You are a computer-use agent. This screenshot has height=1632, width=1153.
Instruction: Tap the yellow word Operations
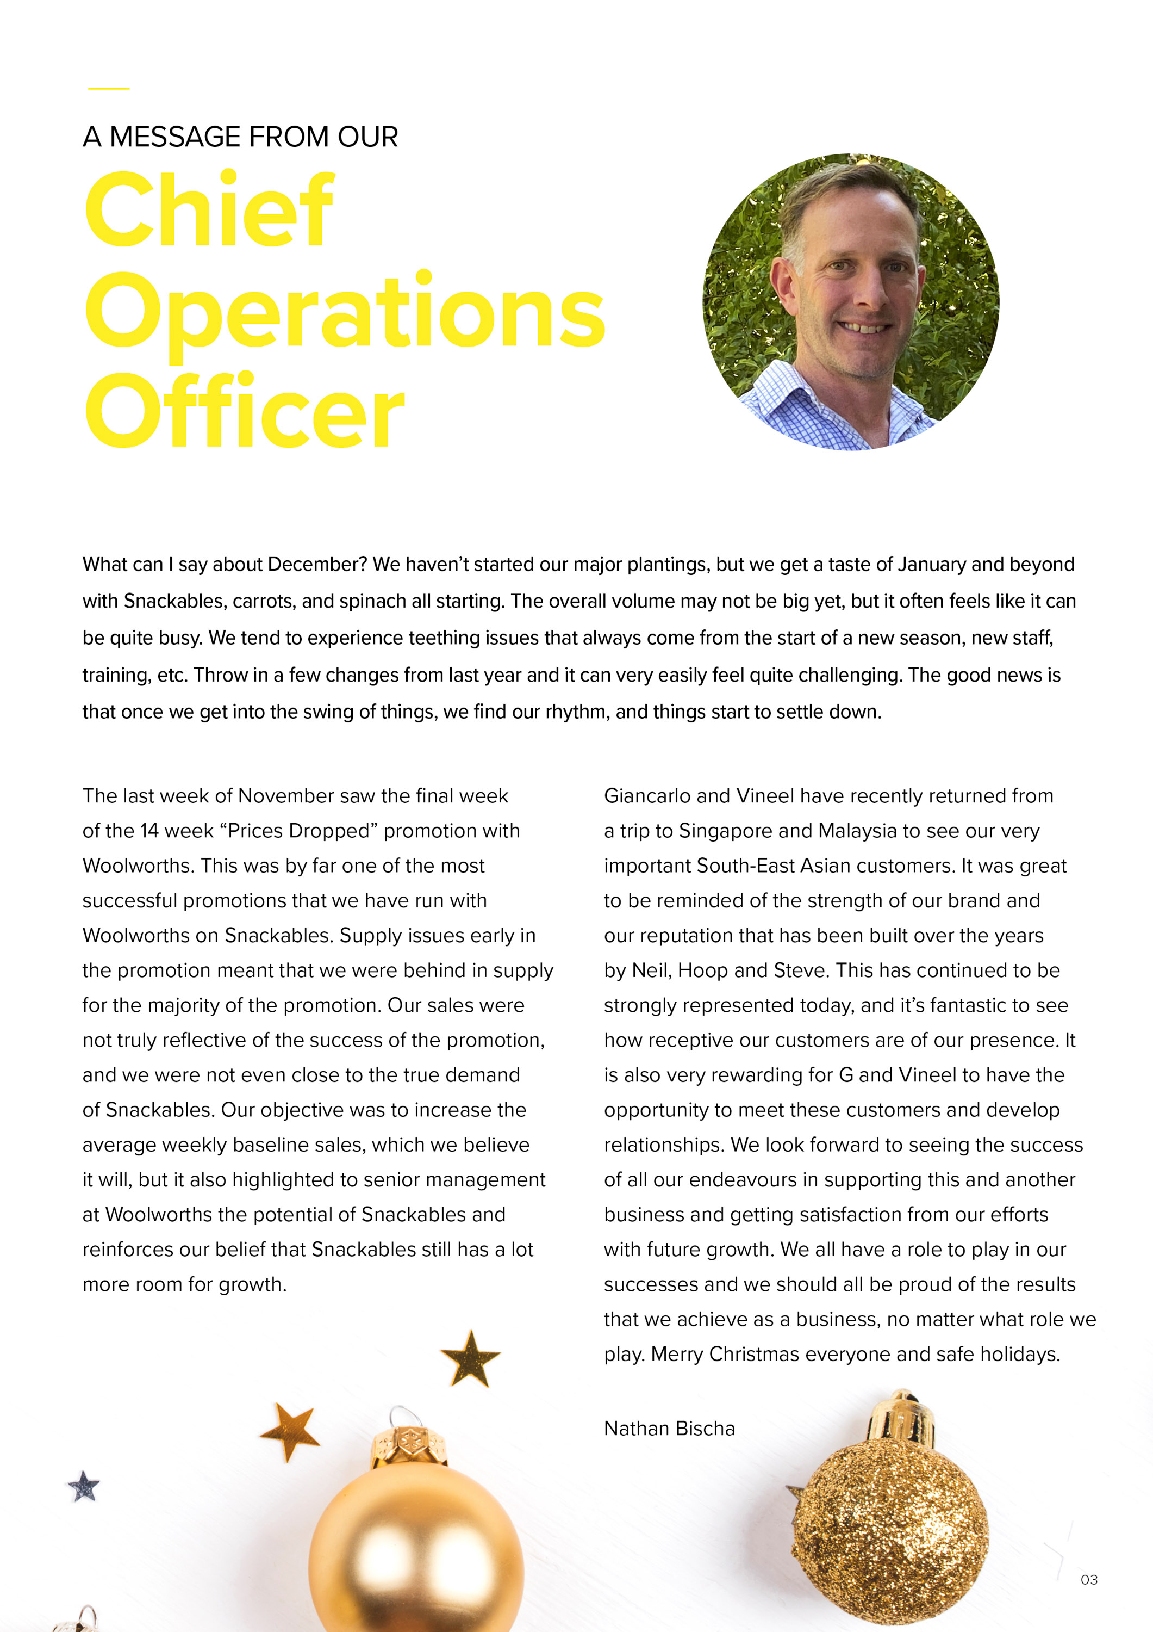pyautogui.click(x=345, y=313)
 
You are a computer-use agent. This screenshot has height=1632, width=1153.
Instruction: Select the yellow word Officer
pyautogui.click(x=245, y=413)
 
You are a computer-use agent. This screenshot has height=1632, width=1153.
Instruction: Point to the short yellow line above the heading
pyautogui.click(x=109, y=89)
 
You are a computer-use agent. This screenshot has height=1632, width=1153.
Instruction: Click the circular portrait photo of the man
pyautogui.click(x=850, y=301)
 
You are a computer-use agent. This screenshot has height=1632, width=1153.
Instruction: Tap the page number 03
pyautogui.click(x=1088, y=1579)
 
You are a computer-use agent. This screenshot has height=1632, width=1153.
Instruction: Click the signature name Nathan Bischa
pyautogui.click(x=669, y=1428)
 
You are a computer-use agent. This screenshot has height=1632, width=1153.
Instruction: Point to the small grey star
pyautogui.click(x=84, y=1486)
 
